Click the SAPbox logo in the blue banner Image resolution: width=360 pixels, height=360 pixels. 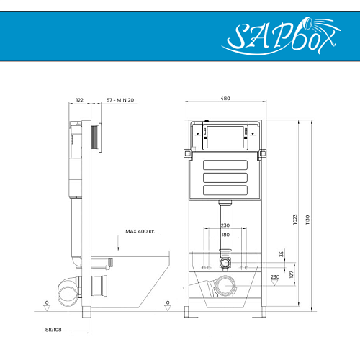point(281,36)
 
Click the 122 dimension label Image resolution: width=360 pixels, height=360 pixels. point(80,100)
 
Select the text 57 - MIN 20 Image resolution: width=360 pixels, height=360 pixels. point(120,100)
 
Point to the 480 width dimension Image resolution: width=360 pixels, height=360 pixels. point(225,98)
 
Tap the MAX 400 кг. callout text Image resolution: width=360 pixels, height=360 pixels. point(140,231)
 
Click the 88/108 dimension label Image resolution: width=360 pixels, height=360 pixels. point(53,330)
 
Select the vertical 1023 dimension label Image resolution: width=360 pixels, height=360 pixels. point(295,220)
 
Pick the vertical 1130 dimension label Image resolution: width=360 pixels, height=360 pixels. point(307,220)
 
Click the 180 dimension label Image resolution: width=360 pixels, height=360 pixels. point(225,235)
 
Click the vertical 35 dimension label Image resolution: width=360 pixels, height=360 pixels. point(282,254)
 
